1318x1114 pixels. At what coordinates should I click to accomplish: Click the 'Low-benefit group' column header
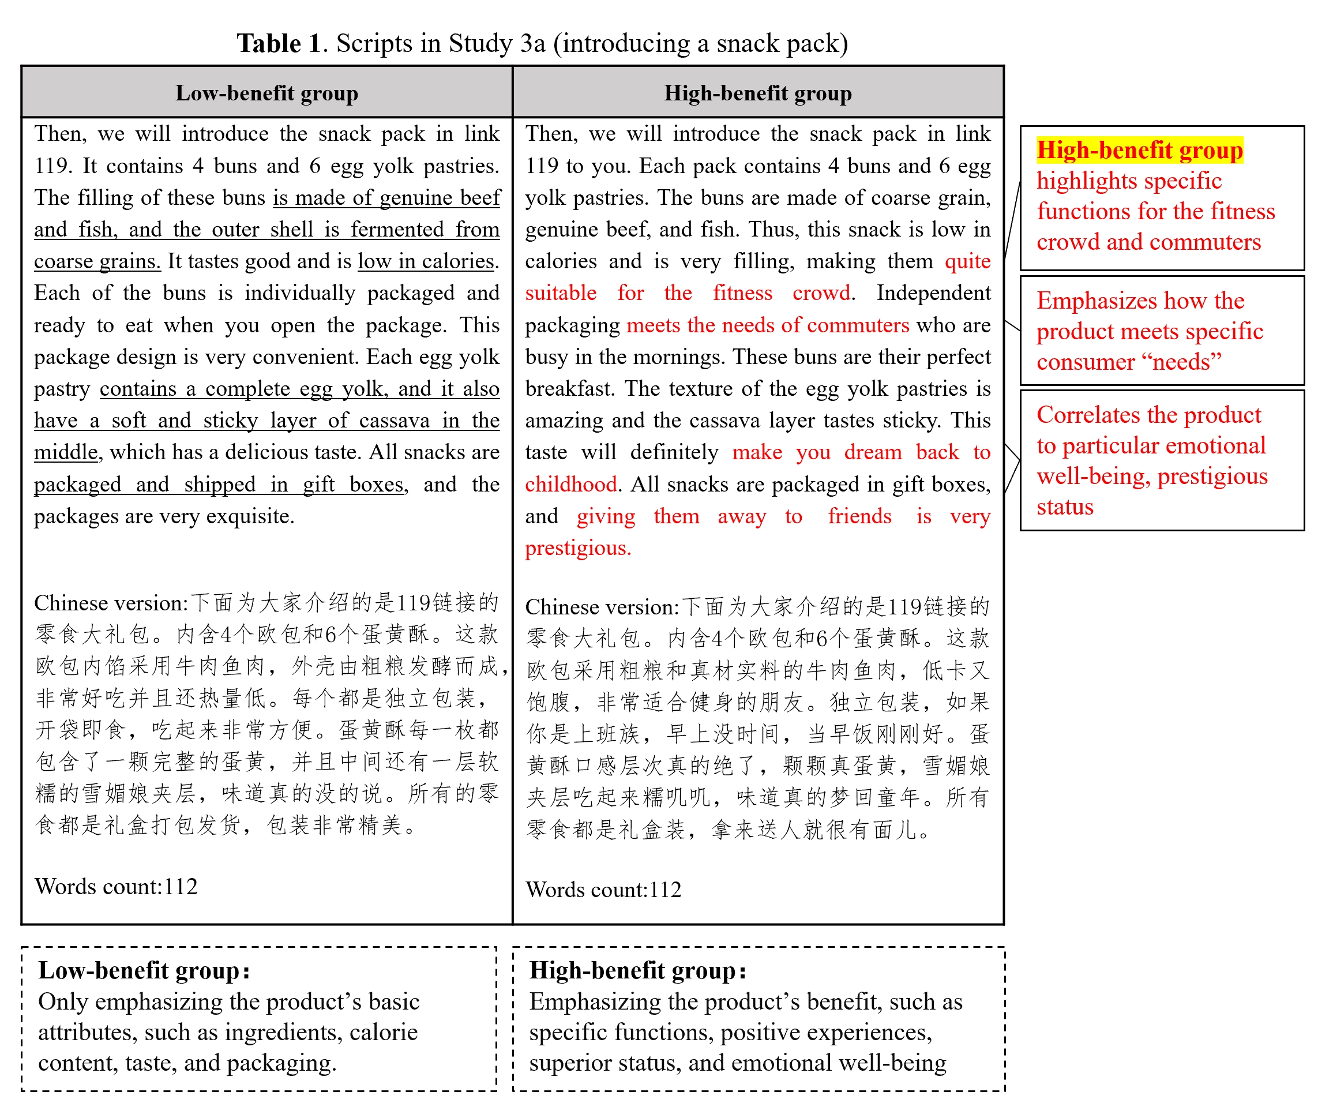pos(266,93)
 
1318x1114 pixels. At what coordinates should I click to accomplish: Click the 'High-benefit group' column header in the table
pos(757,93)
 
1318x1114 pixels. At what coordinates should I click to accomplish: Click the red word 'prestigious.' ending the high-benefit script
pos(578,547)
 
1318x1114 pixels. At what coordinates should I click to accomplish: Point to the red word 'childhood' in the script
pos(570,484)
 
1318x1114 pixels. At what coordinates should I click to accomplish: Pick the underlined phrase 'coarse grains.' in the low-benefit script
pos(97,261)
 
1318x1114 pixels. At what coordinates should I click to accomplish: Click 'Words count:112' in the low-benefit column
pos(116,886)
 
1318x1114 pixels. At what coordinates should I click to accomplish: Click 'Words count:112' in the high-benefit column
pos(603,889)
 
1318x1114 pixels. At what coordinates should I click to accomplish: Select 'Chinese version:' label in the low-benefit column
pos(111,602)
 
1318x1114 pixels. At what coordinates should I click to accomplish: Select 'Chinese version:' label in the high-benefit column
pos(602,606)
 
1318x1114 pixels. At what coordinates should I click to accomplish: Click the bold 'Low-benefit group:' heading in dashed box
pos(144,970)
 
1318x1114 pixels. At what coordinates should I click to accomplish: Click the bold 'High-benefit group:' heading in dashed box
pos(638,970)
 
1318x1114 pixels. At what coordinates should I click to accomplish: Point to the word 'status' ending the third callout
pos(1065,507)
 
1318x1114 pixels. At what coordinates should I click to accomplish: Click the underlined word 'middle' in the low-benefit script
pos(66,452)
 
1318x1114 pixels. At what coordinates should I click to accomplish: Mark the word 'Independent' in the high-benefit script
pos(933,293)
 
